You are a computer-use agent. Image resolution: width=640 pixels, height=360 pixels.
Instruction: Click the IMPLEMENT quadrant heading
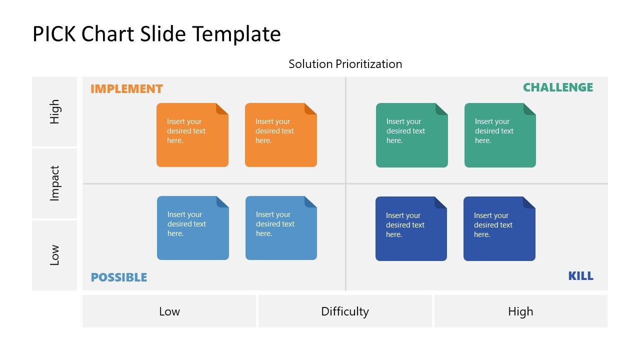(126, 89)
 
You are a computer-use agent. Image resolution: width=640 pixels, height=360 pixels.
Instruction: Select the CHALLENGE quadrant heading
(557, 87)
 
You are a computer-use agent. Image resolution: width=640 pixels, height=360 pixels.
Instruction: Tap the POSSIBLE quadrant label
(118, 277)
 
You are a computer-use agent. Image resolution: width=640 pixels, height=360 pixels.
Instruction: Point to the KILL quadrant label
(580, 276)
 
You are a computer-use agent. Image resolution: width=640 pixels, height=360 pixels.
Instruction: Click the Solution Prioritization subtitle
(345, 64)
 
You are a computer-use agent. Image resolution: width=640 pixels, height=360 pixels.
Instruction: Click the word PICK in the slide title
(53, 34)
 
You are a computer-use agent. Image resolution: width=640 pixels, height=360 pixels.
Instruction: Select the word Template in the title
(236, 34)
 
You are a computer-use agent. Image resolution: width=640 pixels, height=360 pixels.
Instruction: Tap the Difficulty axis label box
(345, 311)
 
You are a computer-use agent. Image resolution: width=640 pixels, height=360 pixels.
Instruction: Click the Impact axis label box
(54, 183)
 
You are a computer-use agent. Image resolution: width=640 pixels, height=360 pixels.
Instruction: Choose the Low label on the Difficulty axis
(169, 311)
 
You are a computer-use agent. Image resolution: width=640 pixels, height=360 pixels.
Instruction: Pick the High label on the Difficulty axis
(520, 311)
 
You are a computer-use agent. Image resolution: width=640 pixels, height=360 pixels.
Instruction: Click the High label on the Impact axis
(54, 111)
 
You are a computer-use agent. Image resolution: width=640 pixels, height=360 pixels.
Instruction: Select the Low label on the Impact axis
(54, 255)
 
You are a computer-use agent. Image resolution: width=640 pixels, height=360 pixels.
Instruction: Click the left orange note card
(192, 135)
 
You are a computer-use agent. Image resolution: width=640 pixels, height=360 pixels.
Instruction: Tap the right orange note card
(280, 135)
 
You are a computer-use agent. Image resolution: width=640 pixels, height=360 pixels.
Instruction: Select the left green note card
(411, 135)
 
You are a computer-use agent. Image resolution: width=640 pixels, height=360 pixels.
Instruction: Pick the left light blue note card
(192, 228)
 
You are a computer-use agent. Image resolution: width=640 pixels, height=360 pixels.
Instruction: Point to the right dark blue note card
(499, 229)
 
